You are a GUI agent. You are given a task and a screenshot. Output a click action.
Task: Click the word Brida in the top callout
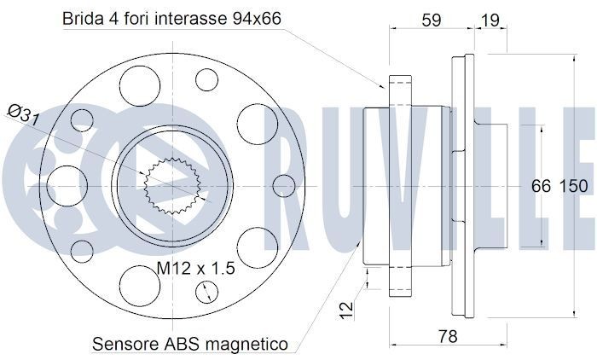(84, 19)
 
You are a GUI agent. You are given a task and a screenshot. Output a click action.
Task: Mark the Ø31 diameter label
(22, 114)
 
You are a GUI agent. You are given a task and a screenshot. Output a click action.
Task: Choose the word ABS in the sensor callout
(183, 344)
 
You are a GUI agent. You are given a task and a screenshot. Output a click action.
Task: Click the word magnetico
(247, 344)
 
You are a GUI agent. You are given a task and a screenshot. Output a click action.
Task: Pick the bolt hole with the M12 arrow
(206, 292)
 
